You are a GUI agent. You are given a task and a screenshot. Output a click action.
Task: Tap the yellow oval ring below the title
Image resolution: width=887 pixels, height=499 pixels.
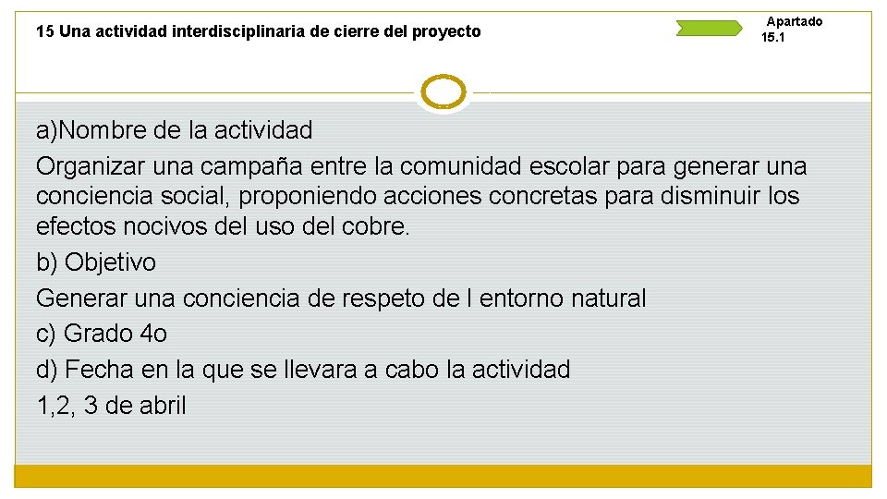[x=443, y=92]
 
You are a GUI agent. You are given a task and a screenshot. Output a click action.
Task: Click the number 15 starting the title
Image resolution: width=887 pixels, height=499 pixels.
[x=44, y=31]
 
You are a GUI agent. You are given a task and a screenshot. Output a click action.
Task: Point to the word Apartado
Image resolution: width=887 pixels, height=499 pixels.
[x=795, y=21]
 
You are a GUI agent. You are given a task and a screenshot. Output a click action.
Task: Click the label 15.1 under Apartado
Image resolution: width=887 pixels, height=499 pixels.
[x=773, y=38]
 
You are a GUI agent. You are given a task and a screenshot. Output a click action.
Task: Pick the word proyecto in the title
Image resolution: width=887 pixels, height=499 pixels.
[x=446, y=31]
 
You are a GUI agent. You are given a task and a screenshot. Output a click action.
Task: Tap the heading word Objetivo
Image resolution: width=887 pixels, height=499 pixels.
[x=110, y=262]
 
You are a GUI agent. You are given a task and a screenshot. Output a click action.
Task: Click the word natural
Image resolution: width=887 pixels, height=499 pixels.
[x=608, y=298]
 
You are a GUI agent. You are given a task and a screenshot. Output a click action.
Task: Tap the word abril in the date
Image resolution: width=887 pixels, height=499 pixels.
[x=163, y=405]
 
